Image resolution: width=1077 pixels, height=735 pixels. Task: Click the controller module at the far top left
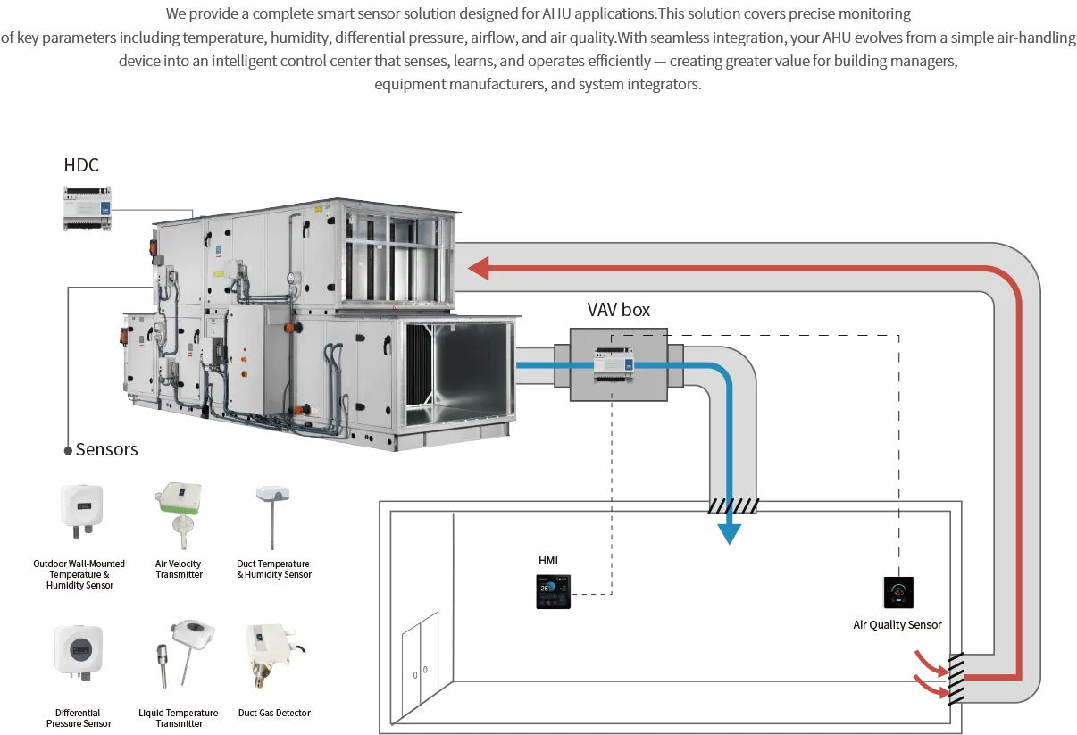[x=87, y=208]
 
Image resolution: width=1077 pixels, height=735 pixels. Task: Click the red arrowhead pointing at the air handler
[x=479, y=267]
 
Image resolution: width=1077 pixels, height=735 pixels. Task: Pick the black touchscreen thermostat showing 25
[x=554, y=593]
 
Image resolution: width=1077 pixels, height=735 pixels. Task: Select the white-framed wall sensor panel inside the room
[x=899, y=592]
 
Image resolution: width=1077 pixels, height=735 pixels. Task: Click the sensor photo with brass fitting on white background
[x=274, y=656]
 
